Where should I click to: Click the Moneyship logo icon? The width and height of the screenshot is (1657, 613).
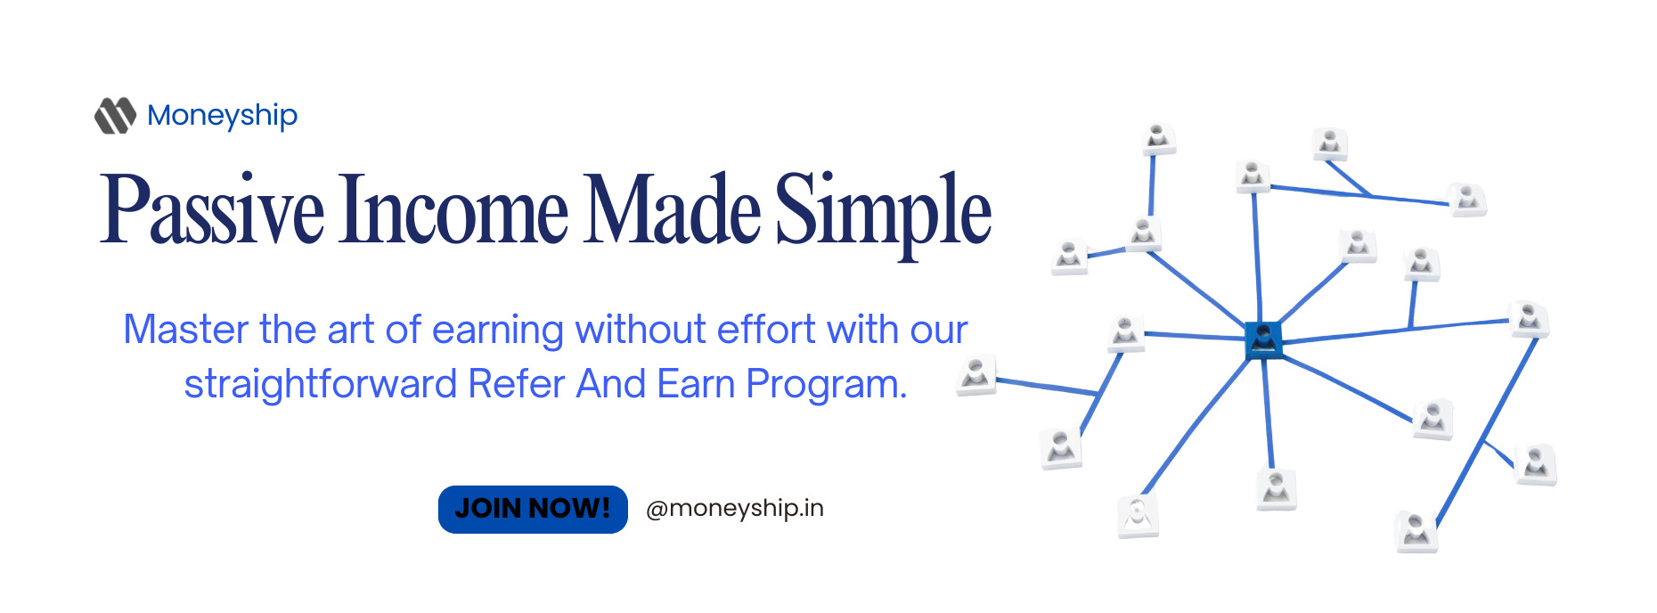(115, 115)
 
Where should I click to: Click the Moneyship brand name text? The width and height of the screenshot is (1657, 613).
(223, 116)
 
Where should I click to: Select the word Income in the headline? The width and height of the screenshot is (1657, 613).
(453, 210)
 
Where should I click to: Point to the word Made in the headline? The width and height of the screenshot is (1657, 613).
(672, 210)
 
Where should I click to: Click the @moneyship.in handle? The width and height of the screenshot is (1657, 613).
(735, 509)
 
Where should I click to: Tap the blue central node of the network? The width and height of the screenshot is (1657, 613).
(1263, 339)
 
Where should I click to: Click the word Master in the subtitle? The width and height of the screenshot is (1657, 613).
(185, 330)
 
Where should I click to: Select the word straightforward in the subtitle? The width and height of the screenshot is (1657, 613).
(321, 385)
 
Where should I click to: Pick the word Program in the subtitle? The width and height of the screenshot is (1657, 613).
(827, 385)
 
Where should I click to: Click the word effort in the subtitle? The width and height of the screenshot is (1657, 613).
(766, 330)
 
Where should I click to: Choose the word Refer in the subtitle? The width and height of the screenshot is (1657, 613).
(517, 384)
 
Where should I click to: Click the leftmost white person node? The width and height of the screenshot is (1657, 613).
(975, 375)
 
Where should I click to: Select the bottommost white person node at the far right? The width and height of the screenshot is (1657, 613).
(1416, 531)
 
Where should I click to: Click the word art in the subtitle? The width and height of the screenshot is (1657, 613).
(350, 330)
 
